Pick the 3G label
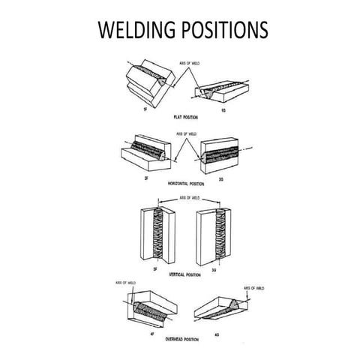216,265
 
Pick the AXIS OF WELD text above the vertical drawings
189,198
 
